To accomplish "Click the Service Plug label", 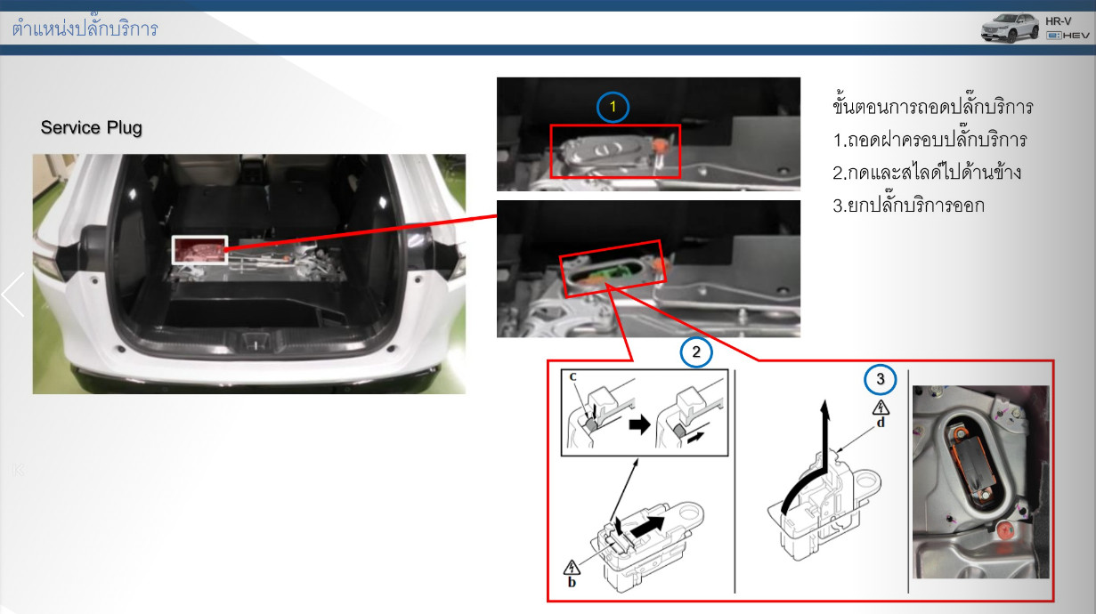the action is click(91, 127).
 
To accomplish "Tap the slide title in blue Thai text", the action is click(85, 28).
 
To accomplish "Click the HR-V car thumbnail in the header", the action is click(1010, 28).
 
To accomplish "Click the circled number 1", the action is click(613, 107).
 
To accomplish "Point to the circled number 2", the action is click(695, 352).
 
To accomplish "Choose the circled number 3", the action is click(880, 379).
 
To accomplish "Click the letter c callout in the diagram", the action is click(573, 376).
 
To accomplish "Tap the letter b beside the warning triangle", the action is click(572, 583).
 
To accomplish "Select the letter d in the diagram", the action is click(881, 423).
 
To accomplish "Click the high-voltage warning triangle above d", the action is click(881, 408).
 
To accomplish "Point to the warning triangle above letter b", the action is click(571, 568).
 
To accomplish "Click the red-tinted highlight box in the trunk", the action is click(199, 250).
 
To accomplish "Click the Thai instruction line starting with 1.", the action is click(930, 140).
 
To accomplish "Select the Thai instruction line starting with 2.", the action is click(927, 172).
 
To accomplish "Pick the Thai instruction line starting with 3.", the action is click(909, 205).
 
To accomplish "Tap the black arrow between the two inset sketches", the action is click(639, 424).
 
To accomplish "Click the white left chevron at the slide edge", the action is click(12, 295).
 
